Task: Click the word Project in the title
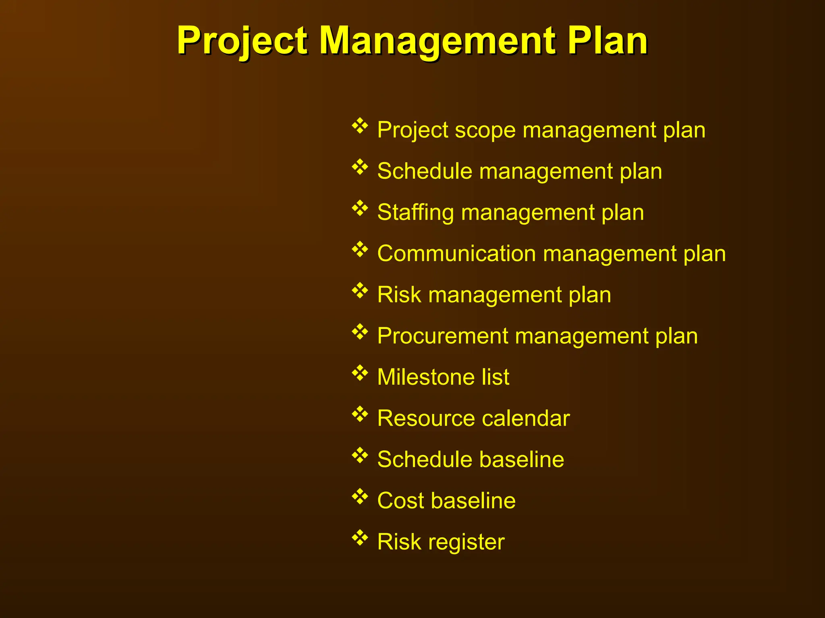pos(243,41)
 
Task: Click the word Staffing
pos(415,212)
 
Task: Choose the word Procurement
pos(443,336)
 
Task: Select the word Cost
pos(401,501)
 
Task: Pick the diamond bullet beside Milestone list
pos(360,373)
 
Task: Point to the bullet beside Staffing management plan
pos(360,208)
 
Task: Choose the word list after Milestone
pos(495,377)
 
